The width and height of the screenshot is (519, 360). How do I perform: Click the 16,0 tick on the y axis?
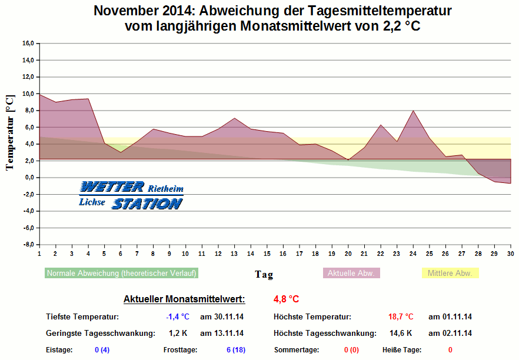pyautogui.click(x=28, y=44)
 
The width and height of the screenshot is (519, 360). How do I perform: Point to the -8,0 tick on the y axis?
pyautogui.click(x=27, y=244)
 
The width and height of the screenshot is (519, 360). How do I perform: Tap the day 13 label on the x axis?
pyautogui.click(x=234, y=254)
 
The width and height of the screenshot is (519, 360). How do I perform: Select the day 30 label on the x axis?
pyautogui.click(x=510, y=254)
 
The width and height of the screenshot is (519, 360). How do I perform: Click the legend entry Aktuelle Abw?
pyautogui.click(x=351, y=274)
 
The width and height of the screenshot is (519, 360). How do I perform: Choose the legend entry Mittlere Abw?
pyautogui.click(x=450, y=274)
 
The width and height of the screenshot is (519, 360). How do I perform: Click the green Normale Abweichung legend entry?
pyautogui.click(x=121, y=274)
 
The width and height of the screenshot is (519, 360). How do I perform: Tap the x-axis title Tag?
pyautogui.click(x=264, y=274)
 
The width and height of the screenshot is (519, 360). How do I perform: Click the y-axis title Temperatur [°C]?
pyautogui.click(x=9, y=132)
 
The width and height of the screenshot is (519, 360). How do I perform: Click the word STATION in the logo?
pyautogui.click(x=147, y=204)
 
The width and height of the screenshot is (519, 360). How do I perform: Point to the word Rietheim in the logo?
pyautogui.click(x=165, y=189)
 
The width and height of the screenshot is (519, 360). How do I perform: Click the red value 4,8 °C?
pyautogui.click(x=287, y=299)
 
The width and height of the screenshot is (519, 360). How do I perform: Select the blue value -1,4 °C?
pyautogui.click(x=178, y=317)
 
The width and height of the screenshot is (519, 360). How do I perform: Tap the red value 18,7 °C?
pyautogui.click(x=401, y=317)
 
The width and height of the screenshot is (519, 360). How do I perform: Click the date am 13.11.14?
pyautogui.click(x=222, y=334)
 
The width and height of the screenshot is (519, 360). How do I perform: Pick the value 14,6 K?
pyautogui.click(x=401, y=334)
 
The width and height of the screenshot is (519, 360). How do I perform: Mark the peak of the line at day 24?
pyautogui.click(x=413, y=111)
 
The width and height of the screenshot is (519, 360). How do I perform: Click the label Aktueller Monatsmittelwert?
pyautogui.click(x=184, y=299)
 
